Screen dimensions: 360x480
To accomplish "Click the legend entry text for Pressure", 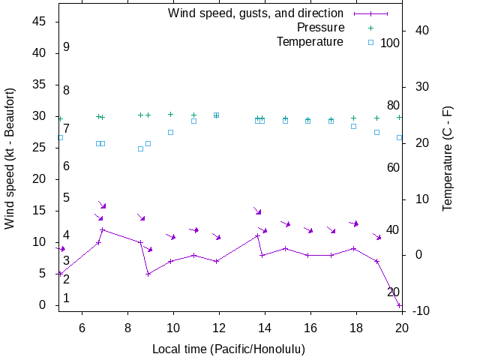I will [x=310, y=28].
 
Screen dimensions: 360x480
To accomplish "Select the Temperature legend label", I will [x=310, y=42].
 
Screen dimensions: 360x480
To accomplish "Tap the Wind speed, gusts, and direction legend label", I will [x=256, y=13].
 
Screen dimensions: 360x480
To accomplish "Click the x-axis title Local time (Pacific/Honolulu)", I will [x=229, y=349].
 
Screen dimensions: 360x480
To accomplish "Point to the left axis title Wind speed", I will [x=10, y=157].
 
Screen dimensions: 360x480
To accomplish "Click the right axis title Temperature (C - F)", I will [x=448, y=157].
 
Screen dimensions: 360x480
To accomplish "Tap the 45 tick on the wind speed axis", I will [x=40, y=22].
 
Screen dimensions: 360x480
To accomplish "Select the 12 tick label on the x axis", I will [x=219, y=327].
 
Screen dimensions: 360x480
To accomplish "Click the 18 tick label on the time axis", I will [x=356, y=327].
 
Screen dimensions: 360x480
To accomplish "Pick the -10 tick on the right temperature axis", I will [x=420, y=311].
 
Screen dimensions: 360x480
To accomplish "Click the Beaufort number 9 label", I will [x=66, y=47].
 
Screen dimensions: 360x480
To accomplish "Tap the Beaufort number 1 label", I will [x=66, y=298].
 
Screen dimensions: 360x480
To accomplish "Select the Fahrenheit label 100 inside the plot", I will [x=390, y=43].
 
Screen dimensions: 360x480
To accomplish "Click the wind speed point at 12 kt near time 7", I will [x=102, y=229].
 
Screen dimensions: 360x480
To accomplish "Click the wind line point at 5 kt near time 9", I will [x=148, y=274].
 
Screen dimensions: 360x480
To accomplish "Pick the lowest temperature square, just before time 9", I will [x=140, y=148].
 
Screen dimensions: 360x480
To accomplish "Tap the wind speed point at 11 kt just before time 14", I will [x=257, y=236].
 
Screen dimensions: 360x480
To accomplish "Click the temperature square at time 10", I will [x=171, y=132].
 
